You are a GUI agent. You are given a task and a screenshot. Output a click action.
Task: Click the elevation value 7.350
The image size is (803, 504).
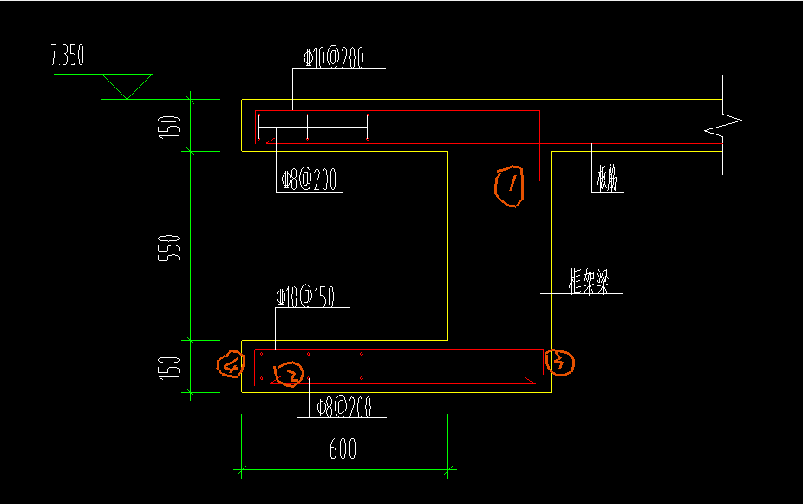(67, 57)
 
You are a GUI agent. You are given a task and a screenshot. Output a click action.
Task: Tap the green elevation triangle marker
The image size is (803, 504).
(127, 86)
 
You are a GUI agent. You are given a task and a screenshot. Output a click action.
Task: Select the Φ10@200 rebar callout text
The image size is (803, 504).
(333, 57)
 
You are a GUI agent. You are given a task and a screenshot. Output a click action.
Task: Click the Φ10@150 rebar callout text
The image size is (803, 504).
(305, 298)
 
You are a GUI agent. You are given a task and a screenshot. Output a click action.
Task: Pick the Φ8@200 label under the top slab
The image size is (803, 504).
(309, 180)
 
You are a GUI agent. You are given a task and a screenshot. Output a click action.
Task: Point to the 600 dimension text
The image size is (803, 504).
(343, 449)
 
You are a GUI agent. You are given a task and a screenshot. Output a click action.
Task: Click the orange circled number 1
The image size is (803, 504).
(510, 187)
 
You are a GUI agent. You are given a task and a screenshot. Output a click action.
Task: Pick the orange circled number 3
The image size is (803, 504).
(559, 362)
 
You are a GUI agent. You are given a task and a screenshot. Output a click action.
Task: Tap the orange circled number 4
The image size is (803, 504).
(230, 365)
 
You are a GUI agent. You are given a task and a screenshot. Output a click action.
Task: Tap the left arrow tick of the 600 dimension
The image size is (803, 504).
(241, 471)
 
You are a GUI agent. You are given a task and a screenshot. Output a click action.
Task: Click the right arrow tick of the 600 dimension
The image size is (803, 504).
(448, 471)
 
